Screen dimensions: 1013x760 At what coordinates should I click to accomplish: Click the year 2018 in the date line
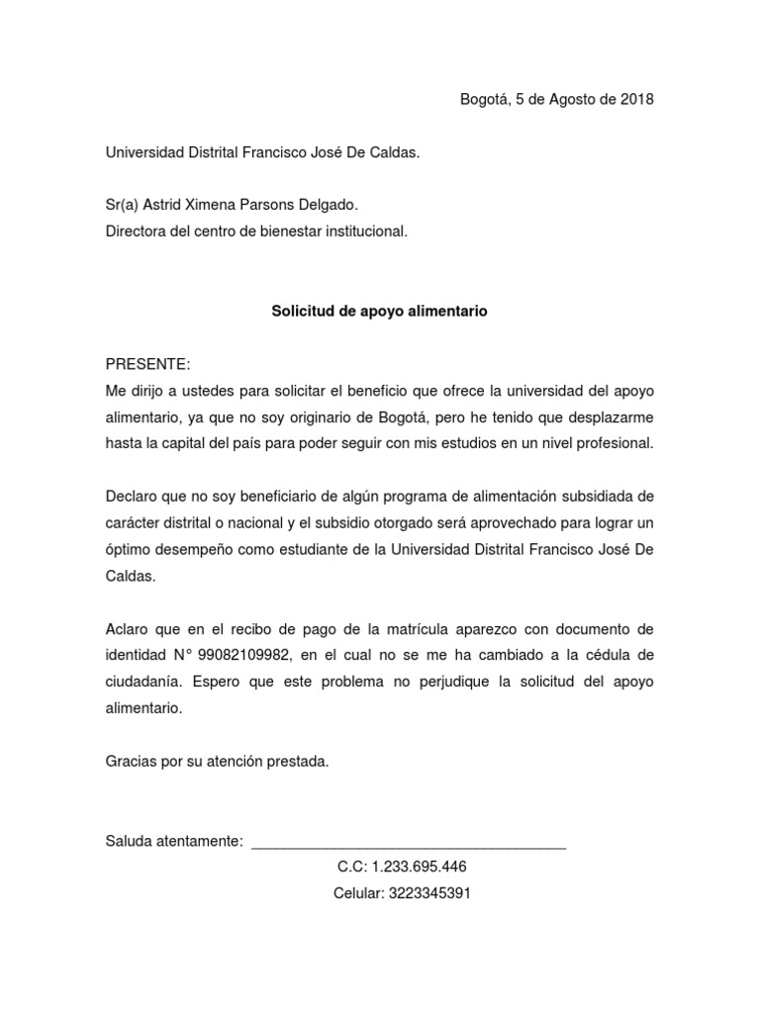(x=635, y=99)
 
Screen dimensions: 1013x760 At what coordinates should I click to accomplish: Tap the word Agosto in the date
(x=564, y=99)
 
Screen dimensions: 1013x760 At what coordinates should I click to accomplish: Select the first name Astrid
(x=163, y=205)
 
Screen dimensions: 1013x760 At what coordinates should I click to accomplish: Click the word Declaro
(x=133, y=497)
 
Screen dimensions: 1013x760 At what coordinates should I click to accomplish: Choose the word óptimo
(x=131, y=550)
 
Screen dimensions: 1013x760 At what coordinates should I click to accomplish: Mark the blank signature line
(x=409, y=844)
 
